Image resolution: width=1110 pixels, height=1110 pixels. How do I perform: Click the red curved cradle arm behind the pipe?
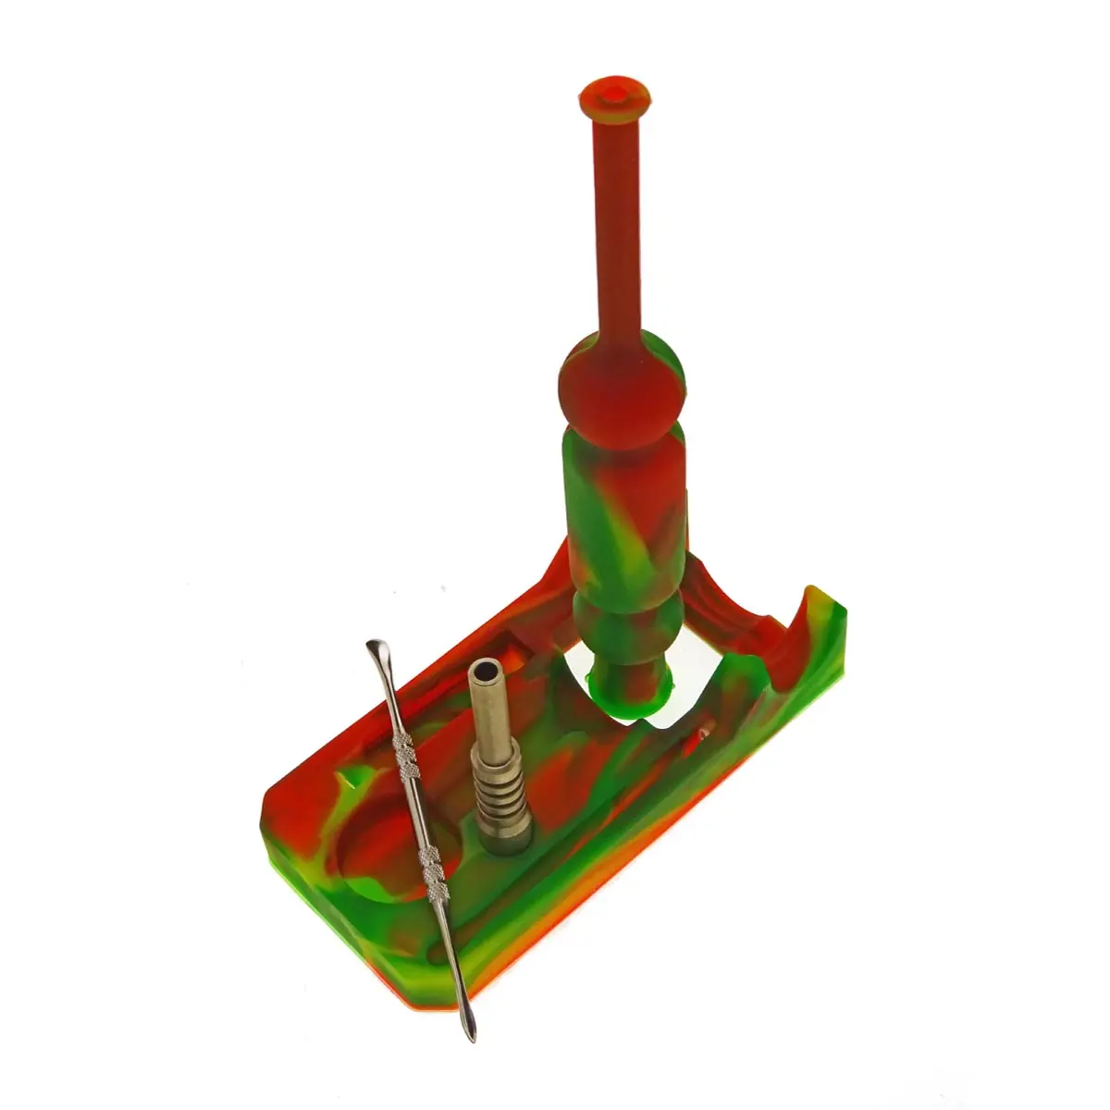(x=731, y=601)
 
